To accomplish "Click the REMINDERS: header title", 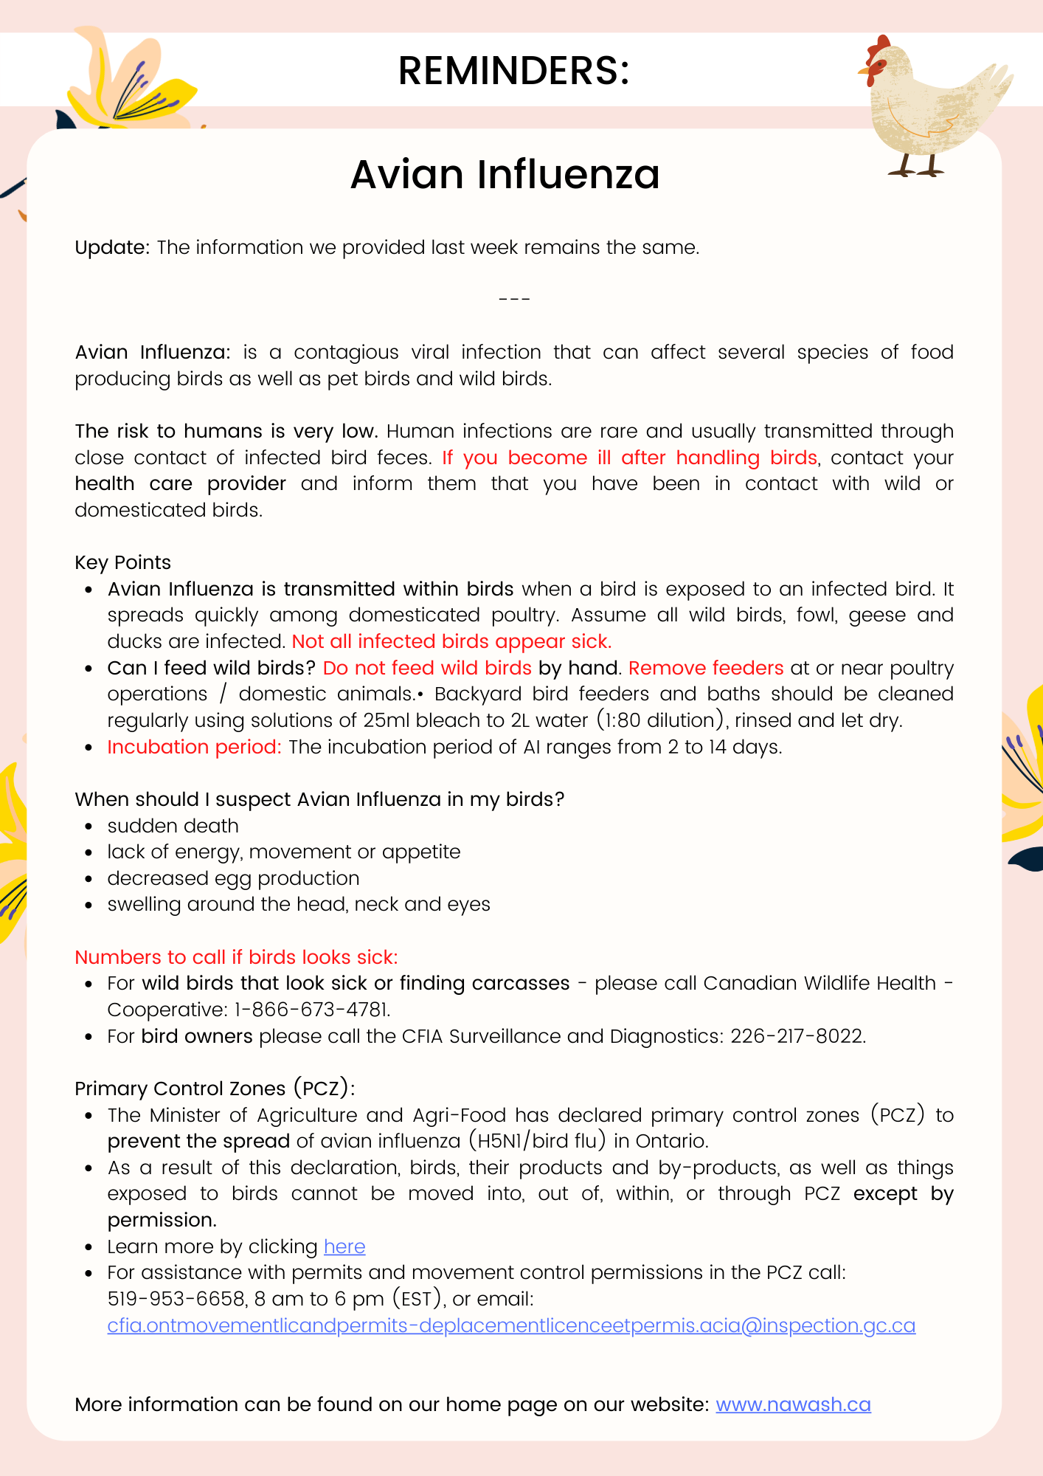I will pyautogui.click(x=513, y=71).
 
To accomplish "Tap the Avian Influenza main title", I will pyautogui.click(x=505, y=174).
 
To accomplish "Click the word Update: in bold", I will pyautogui.click(x=112, y=247).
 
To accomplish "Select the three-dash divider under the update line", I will pyautogui.click(x=514, y=300).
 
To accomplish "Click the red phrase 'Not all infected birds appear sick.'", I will pyautogui.click(x=451, y=641).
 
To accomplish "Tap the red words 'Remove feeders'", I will pyautogui.click(x=706, y=668).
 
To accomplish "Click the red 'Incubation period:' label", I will pyautogui.click(x=194, y=747).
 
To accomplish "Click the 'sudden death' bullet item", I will pyautogui.click(x=173, y=826).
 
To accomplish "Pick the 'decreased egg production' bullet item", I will pyautogui.click(x=233, y=878).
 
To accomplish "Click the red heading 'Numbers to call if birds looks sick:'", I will pyautogui.click(x=236, y=957).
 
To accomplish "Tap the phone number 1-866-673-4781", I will pyautogui.click(x=312, y=1010).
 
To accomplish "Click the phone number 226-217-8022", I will pyautogui.click(x=797, y=1036).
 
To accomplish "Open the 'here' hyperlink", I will pyautogui.click(x=344, y=1246).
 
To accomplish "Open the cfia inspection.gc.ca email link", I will pyautogui.click(x=511, y=1325).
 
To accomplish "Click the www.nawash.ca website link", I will pyautogui.click(x=793, y=1404).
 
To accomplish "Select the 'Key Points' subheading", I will pyautogui.click(x=122, y=562).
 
